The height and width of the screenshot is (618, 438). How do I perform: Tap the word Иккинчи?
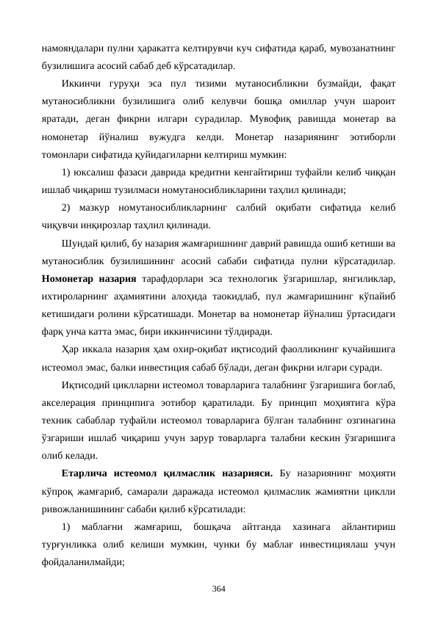point(83,83)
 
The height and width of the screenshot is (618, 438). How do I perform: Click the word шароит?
point(380,101)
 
